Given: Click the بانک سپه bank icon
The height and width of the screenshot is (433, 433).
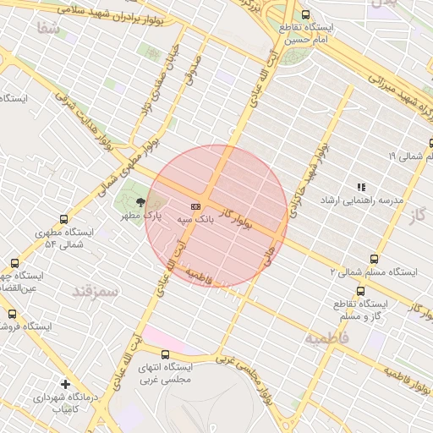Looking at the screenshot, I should tap(196, 206).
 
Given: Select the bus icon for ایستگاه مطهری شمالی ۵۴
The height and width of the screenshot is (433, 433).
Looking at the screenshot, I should tap(65, 218).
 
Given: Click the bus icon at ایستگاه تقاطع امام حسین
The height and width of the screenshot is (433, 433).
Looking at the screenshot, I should tap(305, 14).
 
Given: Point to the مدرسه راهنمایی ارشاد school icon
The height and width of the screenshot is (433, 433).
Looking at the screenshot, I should tap(361, 187).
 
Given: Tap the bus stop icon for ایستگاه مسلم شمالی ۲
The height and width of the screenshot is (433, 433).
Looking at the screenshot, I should tap(374, 259).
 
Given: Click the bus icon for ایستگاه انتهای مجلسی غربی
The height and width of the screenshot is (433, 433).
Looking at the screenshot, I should tap(165, 354).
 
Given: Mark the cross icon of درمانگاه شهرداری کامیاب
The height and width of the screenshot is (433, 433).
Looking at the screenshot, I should tap(66, 383).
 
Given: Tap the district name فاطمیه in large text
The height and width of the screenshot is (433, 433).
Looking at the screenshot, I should tap(326, 340).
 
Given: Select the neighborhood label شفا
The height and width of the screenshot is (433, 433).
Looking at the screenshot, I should tap(49, 28).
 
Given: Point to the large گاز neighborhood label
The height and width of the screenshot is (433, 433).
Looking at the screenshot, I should tap(414, 216).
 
